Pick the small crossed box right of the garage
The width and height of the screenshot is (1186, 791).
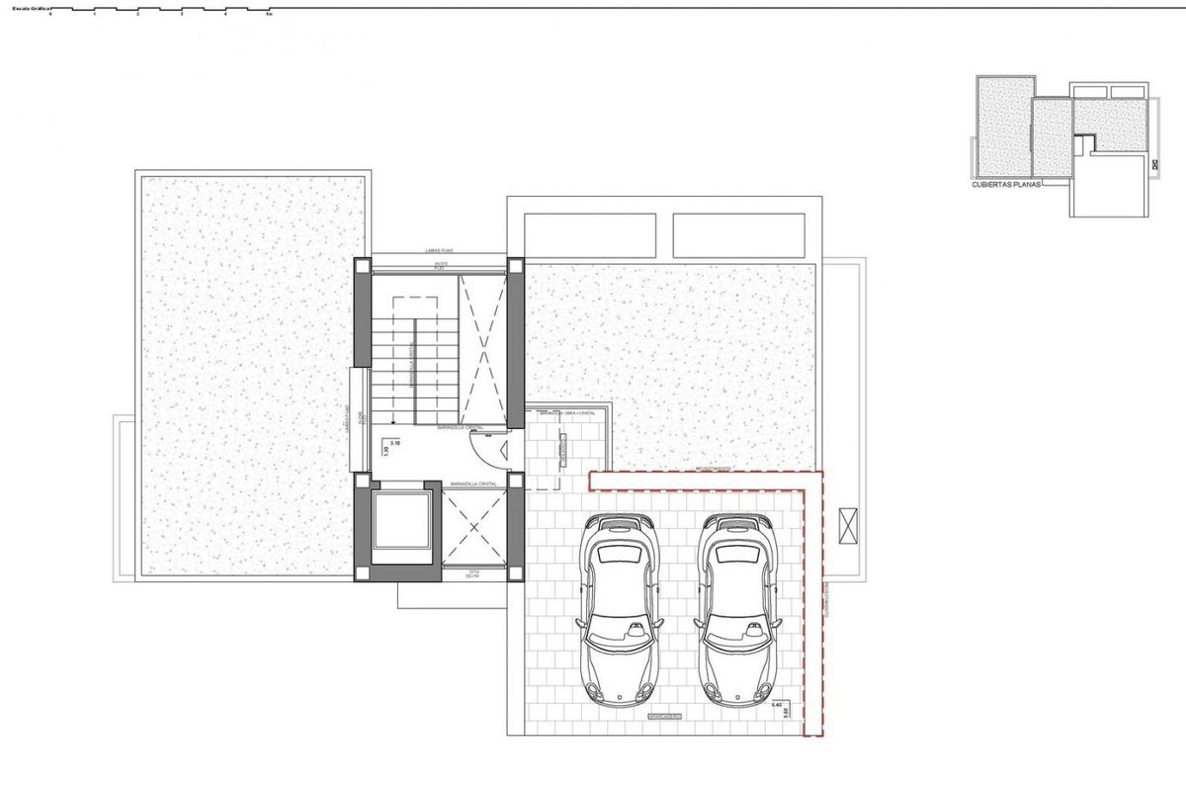pyautogui.click(x=848, y=525)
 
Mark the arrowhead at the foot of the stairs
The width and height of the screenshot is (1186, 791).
pyautogui.click(x=393, y=420)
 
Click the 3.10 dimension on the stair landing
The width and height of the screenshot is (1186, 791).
pyautogui.click(x=396, y=444)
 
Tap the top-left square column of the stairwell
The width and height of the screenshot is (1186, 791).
pyautogui.click(x=363, y=266)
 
